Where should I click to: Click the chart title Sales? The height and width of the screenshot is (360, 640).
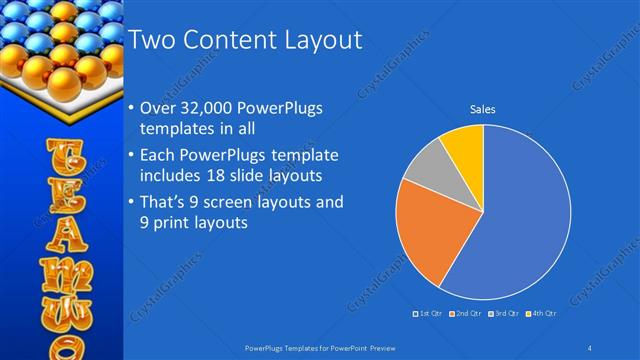pyautogui.click(x=483, y=109)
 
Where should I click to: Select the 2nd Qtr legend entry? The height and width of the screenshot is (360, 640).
pyautogui.click(x=468, y=314)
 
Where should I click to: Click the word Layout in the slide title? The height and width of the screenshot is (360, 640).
pyautogui.click(x=314, y=40)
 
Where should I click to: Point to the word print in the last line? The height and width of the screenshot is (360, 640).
pyautogui.click(x=175, y=224)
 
